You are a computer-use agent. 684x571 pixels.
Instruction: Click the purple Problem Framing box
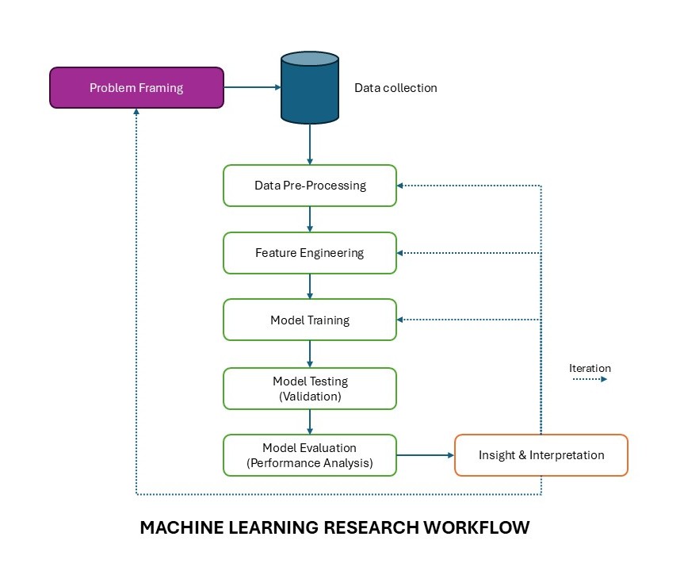click(136, 87)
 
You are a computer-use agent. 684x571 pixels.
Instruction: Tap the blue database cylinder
click(310, 87)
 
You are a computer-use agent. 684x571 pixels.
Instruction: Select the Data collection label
click(395, 87)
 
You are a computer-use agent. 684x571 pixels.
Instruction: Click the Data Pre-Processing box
click(310, 186)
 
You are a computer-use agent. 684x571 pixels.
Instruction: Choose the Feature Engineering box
click(310, 253)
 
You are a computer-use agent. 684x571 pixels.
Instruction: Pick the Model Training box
click(310, 320)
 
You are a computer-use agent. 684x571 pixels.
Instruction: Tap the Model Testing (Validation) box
click(310, 389)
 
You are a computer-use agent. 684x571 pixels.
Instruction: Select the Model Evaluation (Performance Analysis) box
click(310, 455)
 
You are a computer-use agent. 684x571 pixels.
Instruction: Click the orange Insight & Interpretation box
click(541, 455)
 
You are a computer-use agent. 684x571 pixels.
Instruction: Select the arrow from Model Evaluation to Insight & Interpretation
click(426, 455)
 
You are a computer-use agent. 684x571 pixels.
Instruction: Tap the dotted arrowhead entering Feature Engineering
click(401, 253)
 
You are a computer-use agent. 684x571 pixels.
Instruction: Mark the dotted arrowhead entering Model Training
click(401, 320)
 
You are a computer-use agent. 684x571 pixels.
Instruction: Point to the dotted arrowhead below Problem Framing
click(136, 113)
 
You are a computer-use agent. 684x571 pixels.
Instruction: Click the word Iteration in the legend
click(590, 368)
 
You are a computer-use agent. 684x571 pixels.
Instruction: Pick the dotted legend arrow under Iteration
click(590, 380)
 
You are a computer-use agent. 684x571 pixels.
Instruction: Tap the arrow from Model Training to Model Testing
click(310, 354)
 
